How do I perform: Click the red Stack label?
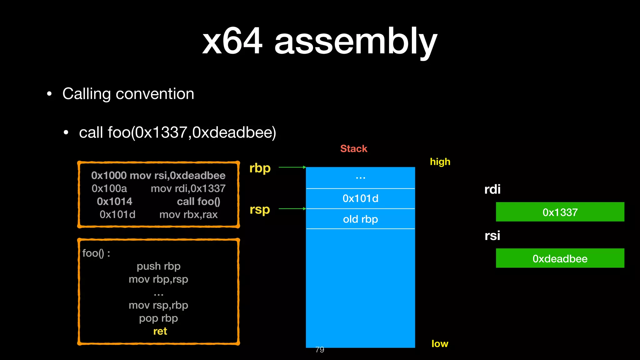point(353,149)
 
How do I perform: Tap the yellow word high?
point(440,162)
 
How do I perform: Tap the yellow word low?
point(440,344)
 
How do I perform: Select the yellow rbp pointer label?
point(260,168)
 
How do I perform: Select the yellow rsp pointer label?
point(260,210)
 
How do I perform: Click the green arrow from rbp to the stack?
point(292,167)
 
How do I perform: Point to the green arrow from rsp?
point(292,209)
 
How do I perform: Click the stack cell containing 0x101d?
point(360,199)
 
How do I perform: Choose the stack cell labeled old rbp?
point(360,219)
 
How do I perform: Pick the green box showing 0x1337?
point(560,212)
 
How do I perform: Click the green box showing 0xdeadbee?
point(560,258)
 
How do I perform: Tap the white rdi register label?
point(492,189)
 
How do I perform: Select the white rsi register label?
point(492,236)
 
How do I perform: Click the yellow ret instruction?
point(160,331)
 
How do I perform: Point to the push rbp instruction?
point(158,266)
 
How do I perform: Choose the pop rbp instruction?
point(158,318)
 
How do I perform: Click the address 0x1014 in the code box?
point(114,202)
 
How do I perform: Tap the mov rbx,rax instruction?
point(188,215)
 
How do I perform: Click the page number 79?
point(320,350)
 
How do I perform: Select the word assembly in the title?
point(356,41)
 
